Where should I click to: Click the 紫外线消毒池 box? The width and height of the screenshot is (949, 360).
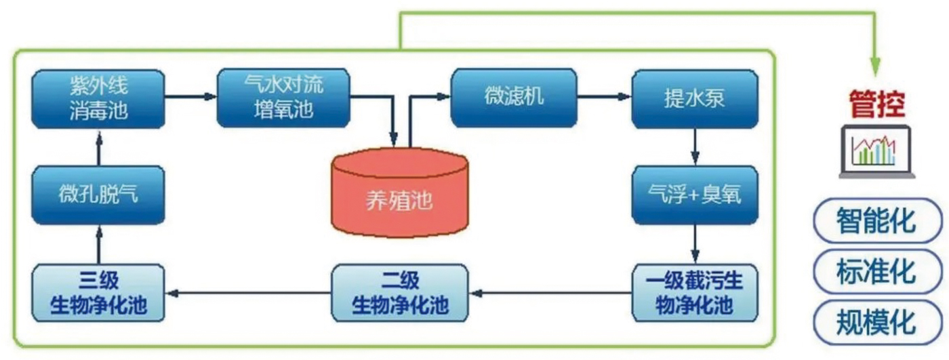(x=98, y=98)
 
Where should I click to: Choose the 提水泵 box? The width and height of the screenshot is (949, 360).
(x=694, y=99)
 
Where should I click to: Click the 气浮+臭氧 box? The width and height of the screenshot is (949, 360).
(x=694, y=195)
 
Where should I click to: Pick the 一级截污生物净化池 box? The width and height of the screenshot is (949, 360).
(x=694, y=293)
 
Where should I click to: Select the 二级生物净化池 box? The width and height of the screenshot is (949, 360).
(x=400, y=293)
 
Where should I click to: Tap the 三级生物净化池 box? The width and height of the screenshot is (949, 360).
(x=98, y=293)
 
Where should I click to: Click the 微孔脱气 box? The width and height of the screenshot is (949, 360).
(x=98, y=195)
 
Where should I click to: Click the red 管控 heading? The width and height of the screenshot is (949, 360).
(x=877, y=105)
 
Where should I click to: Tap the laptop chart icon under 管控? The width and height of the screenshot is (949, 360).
(x=877, y=151)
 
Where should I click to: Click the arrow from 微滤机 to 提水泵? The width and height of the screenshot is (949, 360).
(x=603, y=97)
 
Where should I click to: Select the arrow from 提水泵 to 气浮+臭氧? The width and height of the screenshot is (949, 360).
(x=694, y=146)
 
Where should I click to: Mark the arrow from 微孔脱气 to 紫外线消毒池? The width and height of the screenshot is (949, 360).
(x=98, y=147)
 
